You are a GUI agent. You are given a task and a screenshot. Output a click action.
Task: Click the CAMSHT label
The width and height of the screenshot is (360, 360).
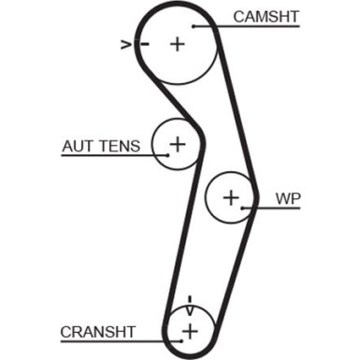tap(266, 16)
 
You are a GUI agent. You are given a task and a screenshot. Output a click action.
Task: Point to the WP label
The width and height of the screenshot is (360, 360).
tap(288, 198)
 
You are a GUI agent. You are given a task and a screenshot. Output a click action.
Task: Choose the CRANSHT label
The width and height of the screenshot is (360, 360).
tap(98, 331)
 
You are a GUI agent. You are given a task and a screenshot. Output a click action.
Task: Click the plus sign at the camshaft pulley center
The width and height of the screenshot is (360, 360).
tap(178, 43)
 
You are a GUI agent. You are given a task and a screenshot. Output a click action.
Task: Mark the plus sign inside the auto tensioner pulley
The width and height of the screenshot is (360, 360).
tap(177, 144)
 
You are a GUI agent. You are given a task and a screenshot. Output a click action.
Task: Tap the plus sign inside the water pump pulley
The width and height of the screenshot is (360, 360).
tap(232, 197)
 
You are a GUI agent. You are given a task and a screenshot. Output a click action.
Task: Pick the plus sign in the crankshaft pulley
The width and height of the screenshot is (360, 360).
tap(190, 331)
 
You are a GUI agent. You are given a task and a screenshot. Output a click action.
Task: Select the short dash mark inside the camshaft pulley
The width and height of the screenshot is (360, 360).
tap(143, 43)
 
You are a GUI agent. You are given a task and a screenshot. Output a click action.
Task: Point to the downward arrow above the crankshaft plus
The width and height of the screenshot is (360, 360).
tap(190, 302)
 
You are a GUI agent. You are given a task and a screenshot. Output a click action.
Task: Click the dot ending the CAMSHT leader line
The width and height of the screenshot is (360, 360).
tap(194, 26)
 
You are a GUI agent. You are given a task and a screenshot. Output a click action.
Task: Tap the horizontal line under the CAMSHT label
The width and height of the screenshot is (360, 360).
tap(262, 26)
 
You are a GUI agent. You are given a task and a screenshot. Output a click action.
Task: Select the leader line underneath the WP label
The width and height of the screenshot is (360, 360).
tap(281, 209)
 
